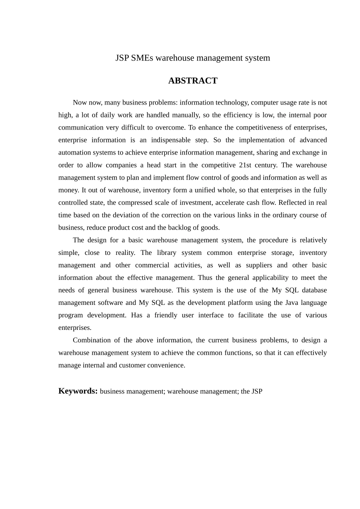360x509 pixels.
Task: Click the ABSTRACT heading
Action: (193, 81)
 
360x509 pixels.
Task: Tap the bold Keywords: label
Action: (78, 391)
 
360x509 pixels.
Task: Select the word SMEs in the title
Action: (142, 58)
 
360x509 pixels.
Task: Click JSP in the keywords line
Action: (257, 391)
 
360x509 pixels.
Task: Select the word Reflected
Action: (292, 203)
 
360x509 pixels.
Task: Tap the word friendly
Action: (166, 315)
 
